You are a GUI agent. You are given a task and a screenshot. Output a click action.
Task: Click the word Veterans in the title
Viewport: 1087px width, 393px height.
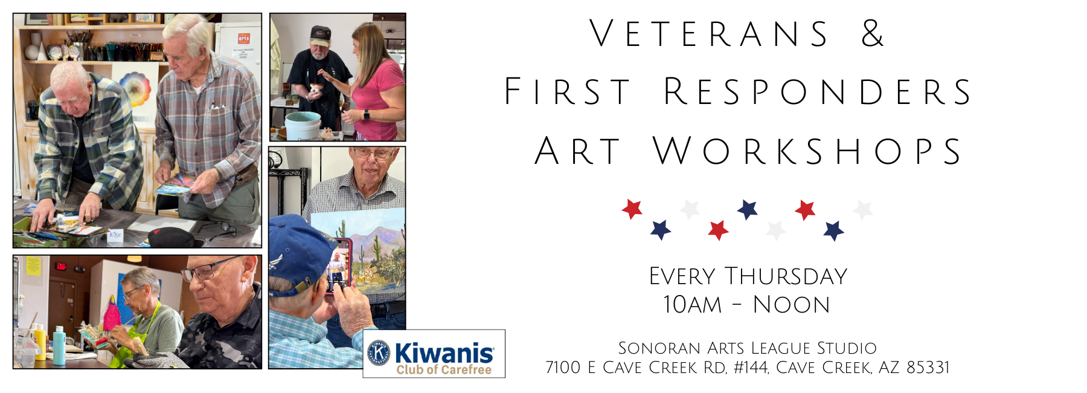coord(710,34)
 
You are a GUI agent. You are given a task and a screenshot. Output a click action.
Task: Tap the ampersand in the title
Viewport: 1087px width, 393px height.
coord(873,34)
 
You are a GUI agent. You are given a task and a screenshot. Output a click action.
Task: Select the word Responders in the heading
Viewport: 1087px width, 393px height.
coord(818,92)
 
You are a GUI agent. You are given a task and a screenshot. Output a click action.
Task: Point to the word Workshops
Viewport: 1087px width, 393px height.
coord(807,151)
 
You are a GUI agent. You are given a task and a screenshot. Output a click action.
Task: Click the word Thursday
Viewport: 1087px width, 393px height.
coord(786,276)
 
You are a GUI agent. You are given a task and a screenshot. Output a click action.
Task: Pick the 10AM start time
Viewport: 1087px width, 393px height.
coord(692,305)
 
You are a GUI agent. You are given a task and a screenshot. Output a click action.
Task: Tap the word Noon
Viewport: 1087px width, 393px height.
coord(792,305)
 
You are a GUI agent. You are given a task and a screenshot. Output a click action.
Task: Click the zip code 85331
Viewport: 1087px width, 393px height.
coord(928,368)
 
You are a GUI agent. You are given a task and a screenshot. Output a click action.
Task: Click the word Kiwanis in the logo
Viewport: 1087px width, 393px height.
coord(444,352)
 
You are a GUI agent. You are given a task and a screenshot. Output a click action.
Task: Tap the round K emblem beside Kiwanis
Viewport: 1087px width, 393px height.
coord(379,353)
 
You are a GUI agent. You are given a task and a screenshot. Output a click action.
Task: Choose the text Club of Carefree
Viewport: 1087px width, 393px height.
coord(444,369)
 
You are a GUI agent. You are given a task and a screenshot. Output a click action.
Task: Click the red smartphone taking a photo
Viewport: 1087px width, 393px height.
coord(339,267)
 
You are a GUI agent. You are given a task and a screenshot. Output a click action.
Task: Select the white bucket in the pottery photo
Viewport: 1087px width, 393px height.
coord(302,125)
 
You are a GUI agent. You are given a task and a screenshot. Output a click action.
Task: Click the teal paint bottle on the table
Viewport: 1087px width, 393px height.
coord(59,346)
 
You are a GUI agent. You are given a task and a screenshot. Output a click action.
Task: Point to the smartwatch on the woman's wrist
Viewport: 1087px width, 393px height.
coord(366,114)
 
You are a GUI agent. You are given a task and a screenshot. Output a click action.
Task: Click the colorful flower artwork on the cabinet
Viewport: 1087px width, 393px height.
coord(136,89)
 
